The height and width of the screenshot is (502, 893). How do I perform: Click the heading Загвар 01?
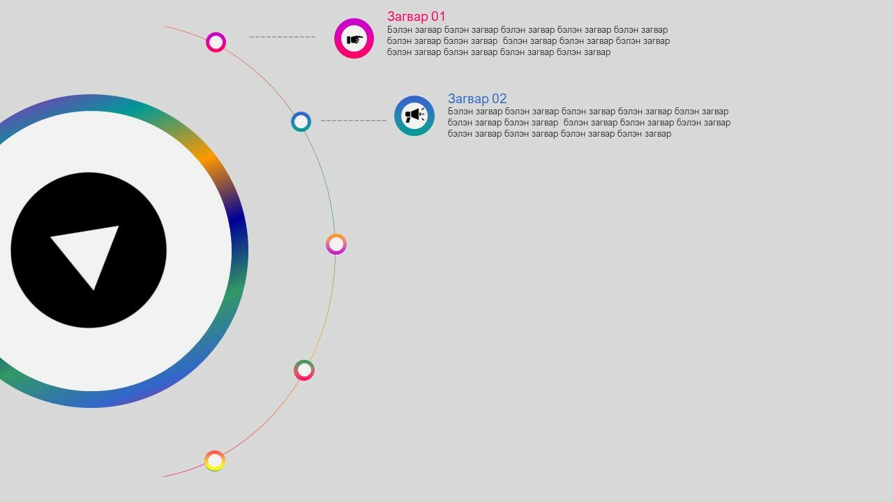(x=417, y=17)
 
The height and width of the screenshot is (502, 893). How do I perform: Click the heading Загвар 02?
(x=477, y=98)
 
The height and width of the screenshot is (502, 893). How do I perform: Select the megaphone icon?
(x=414, y=115)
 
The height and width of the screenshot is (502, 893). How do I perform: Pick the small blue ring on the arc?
(x=301, y=113)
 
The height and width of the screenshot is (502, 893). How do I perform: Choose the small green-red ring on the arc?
(x=304, y=361)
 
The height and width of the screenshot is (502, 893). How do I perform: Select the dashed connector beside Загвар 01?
(x=283, y=37)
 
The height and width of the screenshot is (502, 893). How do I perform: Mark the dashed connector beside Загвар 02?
(x=354, y=121)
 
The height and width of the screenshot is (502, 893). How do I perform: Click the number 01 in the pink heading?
(x=438, y=17)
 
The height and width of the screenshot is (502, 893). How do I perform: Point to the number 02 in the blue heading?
(x=499, y=98)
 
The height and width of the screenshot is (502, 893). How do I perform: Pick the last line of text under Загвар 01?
(x=499, y=52)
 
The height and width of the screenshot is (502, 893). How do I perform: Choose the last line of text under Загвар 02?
(x=560, y=134)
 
